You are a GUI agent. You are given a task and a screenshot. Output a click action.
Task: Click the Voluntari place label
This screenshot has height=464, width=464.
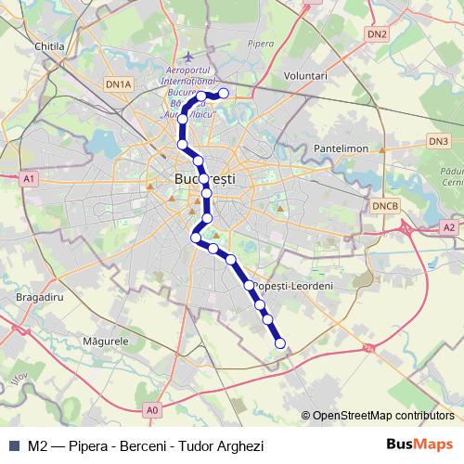tap(306, 74)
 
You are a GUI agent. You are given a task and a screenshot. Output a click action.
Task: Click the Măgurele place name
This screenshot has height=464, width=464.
tap(105, 342)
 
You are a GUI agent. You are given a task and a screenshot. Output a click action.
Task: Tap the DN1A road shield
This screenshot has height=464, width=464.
tap(120, 84)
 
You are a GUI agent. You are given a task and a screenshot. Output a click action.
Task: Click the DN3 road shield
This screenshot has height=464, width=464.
tap(438, 141)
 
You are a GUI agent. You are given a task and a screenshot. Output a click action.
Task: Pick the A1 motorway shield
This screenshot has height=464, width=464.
tap(29, 178)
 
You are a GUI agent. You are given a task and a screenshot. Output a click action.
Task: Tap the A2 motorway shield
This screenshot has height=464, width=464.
tap(449, 226)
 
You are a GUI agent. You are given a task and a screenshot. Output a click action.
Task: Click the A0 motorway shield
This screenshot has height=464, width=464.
tap(152, 408)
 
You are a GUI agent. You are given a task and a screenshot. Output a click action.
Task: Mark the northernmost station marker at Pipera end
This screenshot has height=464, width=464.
tap(223, 93)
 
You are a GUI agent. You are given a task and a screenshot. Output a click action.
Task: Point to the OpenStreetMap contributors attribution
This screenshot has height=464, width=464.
tap(382, 416)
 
